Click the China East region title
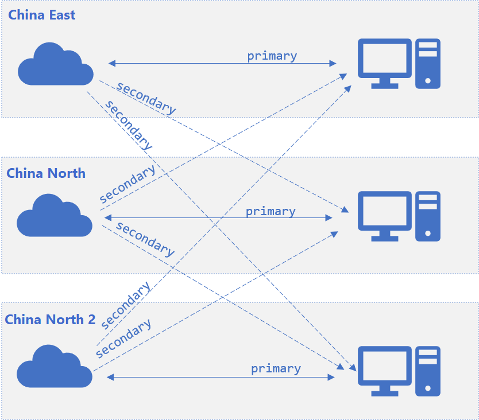(x=42, y=15)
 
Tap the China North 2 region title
(x=50, y=320)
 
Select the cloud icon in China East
(x=55, y=64)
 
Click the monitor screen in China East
(x=385, y=58)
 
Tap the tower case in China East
(x=428, y=64)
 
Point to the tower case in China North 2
(x=428, y=371)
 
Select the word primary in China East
(x=272, y=56)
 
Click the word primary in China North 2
(x=276, y=369)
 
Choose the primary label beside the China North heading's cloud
(x=271, y=212)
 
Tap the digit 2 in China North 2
(x=91, y=320)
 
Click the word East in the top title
(x=61, y=15)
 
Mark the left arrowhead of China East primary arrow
(x=111, y=63)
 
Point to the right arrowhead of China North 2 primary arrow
(x=331, y=377)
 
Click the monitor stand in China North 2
(x=385, y=390)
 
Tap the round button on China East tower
(x=428, y=81)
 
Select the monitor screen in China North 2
(x=385, y=365)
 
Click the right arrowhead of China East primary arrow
(x=333, y=63)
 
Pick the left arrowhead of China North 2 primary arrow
(x=110, y=377)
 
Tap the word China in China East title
(x=26, y=15)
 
